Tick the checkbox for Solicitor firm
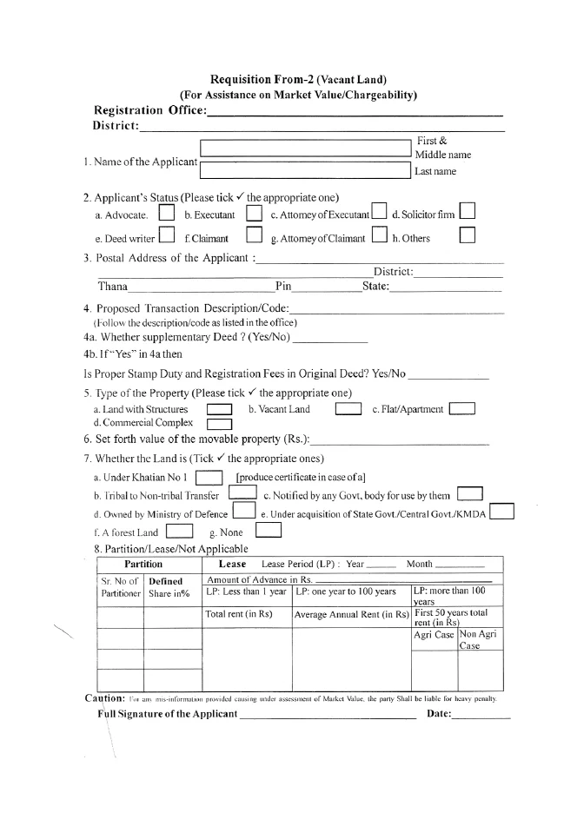click(x=468, y=211)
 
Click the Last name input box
click(x=306, y=170)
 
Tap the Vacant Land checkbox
click(x=348, y=409)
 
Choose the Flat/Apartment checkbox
click(x=461, y=409)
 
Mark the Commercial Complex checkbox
click(x=219, y=424)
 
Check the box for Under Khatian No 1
click(x=209, y=477)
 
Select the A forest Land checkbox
click(x=179, y=531)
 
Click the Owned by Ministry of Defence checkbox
click(x=243, y=512)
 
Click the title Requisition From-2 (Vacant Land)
click(x=298, y=80)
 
